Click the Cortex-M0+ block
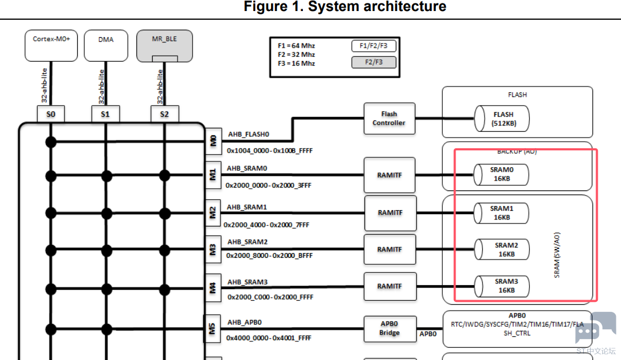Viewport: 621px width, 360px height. click(51, 45)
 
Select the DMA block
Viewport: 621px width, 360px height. click(106, 45)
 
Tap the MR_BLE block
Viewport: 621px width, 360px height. click(164, 45)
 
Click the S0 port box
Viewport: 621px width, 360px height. click(50, 114)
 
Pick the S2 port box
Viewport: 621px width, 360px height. click(164, 114)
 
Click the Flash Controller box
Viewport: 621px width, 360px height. click(389, 118)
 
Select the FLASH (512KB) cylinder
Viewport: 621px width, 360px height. click(502, 118)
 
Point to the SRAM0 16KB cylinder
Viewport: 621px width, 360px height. click(501, 174)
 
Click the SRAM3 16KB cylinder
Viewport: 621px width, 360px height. click(502, 286)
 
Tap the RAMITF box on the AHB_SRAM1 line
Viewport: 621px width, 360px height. click(390, 213)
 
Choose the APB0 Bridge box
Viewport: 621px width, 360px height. click(389, 329)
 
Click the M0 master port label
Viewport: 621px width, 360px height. click(213, 141)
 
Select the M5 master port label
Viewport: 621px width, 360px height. click(212, 329)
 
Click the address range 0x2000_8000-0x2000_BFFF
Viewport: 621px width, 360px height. click(269, 256)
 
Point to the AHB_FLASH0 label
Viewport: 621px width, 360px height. click(248, 134)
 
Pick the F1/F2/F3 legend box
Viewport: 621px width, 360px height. click(374, 46)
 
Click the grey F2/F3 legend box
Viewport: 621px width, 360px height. click(374, 62)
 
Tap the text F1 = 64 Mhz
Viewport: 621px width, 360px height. click(296, 46)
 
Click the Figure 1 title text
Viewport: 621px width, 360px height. click(345, 7)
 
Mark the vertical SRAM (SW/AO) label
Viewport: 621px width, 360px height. click(557, 255)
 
